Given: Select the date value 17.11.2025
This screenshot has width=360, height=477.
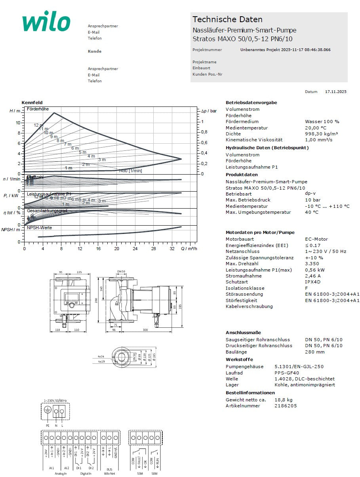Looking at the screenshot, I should [x=335, y=91].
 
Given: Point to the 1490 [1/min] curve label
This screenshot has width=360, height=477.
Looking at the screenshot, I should [x=130, y=171].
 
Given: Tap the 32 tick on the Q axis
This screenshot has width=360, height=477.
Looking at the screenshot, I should [x=171, y=249].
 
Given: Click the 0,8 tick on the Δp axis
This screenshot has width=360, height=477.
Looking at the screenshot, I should [x=204, y=132].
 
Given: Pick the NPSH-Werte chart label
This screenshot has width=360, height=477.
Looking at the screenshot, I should [x=39, y=228].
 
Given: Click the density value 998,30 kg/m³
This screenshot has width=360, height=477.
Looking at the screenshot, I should [x=321, y=134].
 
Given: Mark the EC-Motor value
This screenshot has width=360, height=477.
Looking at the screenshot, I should [x=316, y=239].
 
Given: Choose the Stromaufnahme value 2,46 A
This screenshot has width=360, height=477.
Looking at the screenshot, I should [x=313, y=276].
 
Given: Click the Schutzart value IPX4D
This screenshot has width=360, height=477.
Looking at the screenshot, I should [x=313, y=282].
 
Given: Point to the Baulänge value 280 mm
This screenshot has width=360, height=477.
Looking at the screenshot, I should [x=315, y=352].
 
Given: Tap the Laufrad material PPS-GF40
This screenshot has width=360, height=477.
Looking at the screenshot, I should [x=287, y=373].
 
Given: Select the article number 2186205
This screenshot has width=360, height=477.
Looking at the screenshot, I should [x=285, y=406].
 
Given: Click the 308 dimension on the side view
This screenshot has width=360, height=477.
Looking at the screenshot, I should [x=145, y=329].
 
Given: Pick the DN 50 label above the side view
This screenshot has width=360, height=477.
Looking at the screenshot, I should [x=121, y=271].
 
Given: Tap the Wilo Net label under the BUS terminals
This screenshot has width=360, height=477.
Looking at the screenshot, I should [x=109, y=473].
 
